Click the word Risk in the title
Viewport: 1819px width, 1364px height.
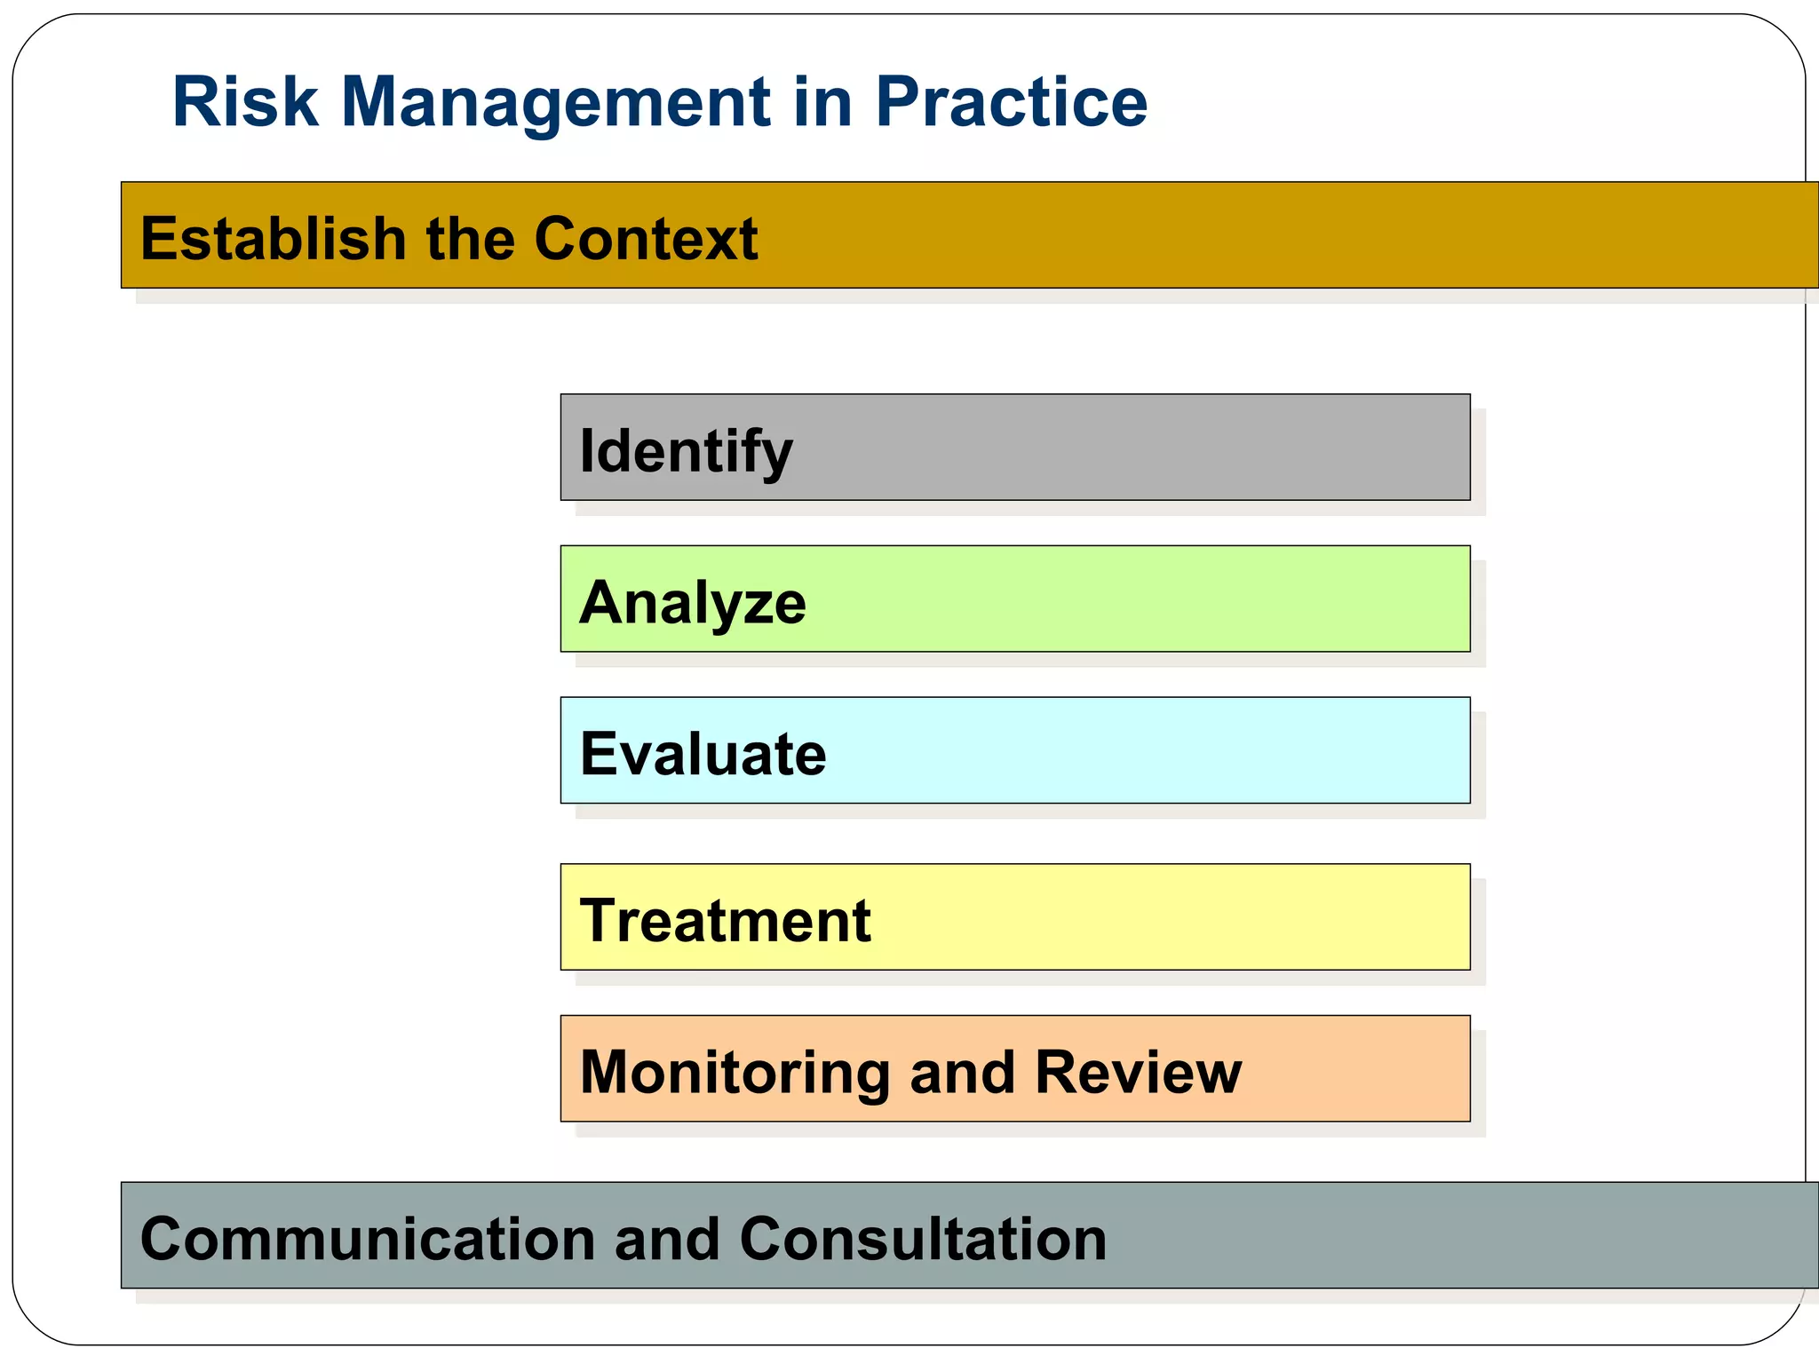click(x=244, y=102)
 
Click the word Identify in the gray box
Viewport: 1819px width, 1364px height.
click(x=686, y=451)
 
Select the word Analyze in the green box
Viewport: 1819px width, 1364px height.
click(x=693, y=602)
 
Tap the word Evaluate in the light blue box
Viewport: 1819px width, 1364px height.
click(x=703, y=754)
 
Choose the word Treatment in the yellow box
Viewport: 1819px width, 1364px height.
click(x=725, y=920)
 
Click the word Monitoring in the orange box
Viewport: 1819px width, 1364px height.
click(x=735, y=1073)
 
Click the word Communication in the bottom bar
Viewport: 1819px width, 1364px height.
click(x=368, y=1239)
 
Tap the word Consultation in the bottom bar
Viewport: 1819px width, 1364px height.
click(x=923, y=1239)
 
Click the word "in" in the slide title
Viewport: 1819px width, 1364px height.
click(x=822, y=102)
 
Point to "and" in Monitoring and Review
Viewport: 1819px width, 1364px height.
click(x=962, y=1072)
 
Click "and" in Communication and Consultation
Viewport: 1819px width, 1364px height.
click(x=667, y=1239)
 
